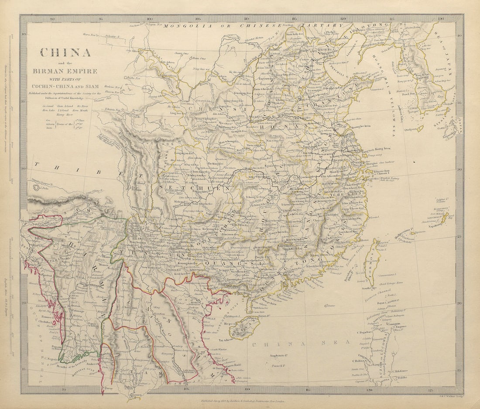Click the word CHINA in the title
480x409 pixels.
click(x=65, y=52)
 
